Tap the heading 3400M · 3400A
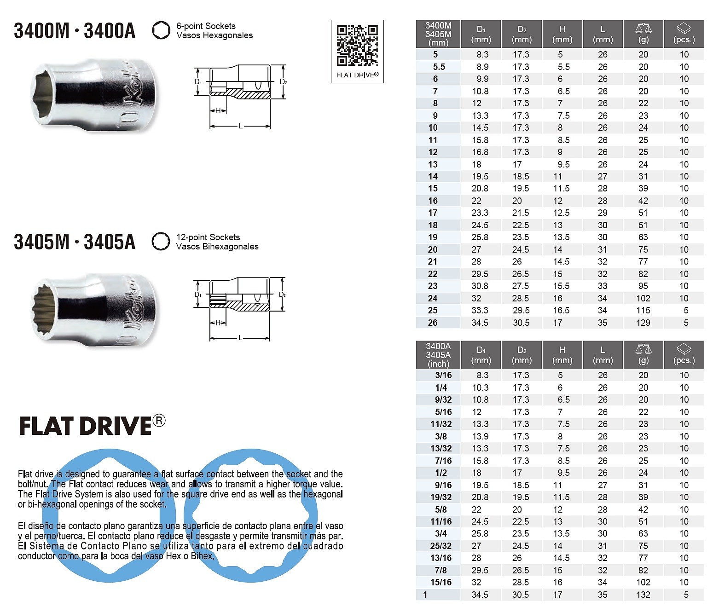click(x=75, y=31)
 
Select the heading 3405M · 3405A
click(x=75, y=242)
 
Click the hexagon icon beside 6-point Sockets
click(x=161, y=30)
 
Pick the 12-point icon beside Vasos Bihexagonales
click(x=161, y=242)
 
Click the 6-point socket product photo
click(x=93, y=95)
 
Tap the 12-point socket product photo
click(x=93, y=310)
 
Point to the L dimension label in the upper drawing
click(x=240, y=126)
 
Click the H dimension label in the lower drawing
click(x=218, y=323)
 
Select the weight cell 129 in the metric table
click(x=643, y=323)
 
